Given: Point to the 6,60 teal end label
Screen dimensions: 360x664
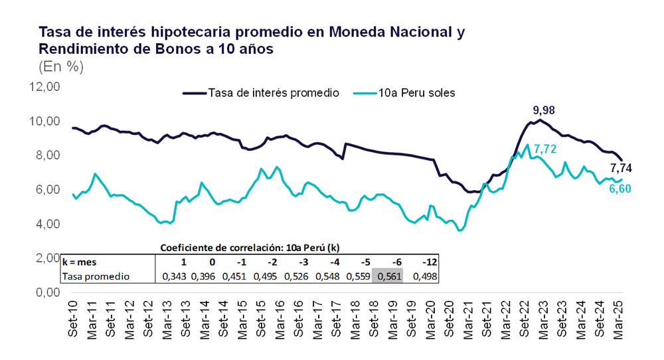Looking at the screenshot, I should [x=620, y=189].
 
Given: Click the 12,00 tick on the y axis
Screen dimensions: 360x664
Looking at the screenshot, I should [x=44, y=87].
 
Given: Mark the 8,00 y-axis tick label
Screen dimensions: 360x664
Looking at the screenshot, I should [x=47, y=155].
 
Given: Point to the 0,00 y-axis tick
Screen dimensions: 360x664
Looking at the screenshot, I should [x=47, y=292].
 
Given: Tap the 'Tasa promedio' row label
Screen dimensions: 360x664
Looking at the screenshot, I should [x=95, y=276].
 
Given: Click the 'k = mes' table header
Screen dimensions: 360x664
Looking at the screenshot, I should [x=80, y=262].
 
